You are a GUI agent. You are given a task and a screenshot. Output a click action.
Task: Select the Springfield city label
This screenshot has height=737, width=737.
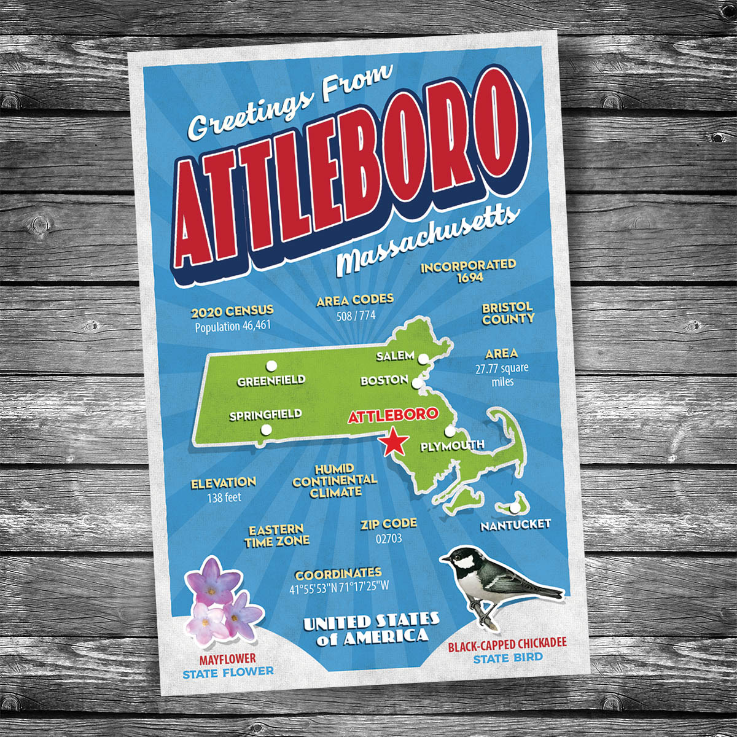[265, 416]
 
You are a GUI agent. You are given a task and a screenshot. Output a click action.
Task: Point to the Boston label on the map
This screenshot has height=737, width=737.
[384, 381]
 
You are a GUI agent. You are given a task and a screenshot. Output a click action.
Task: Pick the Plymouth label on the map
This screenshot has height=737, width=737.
[452, 445]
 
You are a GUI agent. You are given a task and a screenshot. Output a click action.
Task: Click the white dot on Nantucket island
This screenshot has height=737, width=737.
[513, 508]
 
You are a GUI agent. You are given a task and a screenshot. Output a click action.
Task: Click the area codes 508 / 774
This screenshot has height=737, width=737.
[356, 316]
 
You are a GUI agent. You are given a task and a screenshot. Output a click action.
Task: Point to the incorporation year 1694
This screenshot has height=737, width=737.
[470, 277]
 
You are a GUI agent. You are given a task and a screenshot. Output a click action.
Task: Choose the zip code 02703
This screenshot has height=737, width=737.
[388, 539]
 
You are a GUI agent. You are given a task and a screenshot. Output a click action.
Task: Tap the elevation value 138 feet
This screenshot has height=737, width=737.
[224, 497]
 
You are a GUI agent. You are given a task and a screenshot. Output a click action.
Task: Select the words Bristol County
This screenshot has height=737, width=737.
[508, 313]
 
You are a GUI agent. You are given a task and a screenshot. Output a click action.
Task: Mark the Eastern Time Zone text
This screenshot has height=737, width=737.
[277, 536]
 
